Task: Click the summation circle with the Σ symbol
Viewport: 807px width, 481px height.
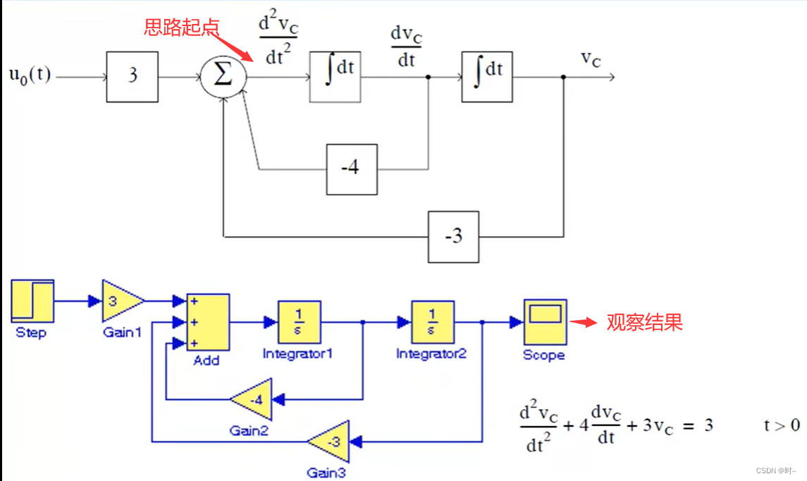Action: coord(223,75)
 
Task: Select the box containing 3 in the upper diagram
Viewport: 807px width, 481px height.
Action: coord(132,76)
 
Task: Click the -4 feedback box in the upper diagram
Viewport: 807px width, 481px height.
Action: coord(351,169)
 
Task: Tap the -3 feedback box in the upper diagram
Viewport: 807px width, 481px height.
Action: coord(453,236)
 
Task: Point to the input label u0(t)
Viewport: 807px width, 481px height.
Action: coord(30,74)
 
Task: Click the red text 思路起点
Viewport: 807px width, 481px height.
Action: coord(182,27)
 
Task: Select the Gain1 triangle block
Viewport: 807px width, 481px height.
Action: coord(121,301)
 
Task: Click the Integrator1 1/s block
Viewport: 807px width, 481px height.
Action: coord(299,322)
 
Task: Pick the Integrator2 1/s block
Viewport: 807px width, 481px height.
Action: coord(433,322)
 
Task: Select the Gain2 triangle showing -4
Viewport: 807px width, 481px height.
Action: coord(253,401)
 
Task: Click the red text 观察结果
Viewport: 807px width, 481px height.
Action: coord(644,322)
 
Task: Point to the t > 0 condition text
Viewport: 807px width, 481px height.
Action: coord(782,425)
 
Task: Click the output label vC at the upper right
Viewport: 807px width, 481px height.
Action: coord(591,59)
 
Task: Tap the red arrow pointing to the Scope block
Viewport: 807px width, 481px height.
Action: coord(582,322)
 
